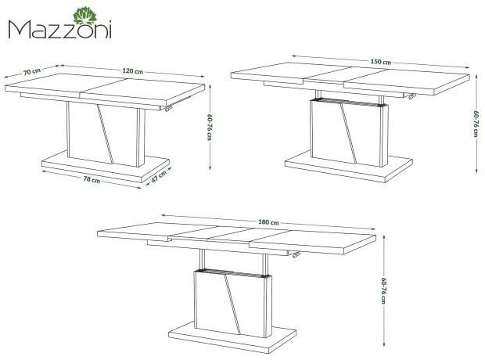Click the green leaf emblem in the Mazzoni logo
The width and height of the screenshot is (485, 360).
pos(84,16)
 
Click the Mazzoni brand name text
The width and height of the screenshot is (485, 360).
pos(59,30)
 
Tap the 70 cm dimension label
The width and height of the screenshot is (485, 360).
pos(32,71)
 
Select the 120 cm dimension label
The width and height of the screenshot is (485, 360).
pos(133,71)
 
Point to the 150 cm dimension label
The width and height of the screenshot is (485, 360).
pos(381,62)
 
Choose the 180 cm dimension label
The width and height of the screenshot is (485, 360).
pos(268,222)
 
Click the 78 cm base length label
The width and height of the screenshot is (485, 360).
pos(92,179)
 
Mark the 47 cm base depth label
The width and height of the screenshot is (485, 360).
pos(159,176)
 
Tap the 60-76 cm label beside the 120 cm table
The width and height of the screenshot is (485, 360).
pos(210,128)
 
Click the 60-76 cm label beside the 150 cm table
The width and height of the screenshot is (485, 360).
pos(476,123)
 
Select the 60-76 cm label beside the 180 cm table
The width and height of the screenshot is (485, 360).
pos(383,290)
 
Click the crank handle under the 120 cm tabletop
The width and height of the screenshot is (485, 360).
pos(167,107)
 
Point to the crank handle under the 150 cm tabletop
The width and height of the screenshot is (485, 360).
pos(411,96)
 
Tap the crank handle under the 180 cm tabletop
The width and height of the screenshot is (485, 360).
pos(296,254)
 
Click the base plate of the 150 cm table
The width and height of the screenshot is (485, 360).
pos(349,169)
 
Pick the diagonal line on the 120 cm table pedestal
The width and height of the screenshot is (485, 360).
pos(105,133)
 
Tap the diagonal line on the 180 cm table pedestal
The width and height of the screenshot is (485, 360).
pos(232,304)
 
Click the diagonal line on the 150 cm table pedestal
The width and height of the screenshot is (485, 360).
pos(349,133)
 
